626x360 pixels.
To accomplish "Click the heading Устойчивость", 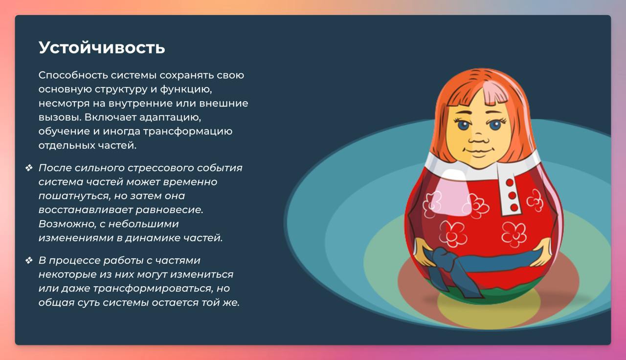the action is [x=102, y=47].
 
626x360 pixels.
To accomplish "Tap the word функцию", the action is [x=186, y=90].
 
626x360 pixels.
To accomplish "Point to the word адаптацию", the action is [x=170, y=117].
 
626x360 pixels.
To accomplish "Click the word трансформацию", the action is [x=188, y=132].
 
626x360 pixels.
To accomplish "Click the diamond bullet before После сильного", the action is [x=29, y=168].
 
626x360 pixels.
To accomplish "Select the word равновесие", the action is [x=169, y=210].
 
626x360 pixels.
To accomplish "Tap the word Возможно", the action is [x=67, y=224].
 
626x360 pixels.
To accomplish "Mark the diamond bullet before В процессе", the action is [x=29, y=261].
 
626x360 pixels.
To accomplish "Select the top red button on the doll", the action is [x=510, y=182].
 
